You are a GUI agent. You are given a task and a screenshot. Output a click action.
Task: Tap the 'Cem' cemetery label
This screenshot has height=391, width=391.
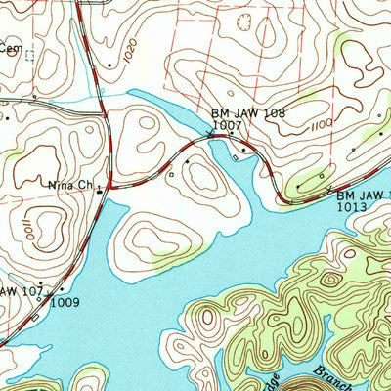pos(10,46)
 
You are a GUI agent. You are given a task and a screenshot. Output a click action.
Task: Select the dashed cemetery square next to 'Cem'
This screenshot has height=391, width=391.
pos(29,56)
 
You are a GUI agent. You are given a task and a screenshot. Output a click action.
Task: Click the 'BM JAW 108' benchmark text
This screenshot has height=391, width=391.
pos(248,113)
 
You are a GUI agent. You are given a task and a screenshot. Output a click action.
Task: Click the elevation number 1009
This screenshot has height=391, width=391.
pos(65,302)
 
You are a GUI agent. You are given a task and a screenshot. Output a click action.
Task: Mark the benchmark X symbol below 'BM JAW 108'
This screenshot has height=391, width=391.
pos(232,139)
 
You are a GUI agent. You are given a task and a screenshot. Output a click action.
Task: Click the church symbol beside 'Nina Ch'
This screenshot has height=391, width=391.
pos(99,191)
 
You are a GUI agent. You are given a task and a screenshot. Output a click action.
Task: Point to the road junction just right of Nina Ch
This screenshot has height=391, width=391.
pos(109,186)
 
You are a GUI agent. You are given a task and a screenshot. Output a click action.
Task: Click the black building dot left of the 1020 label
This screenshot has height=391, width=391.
pos(110,65)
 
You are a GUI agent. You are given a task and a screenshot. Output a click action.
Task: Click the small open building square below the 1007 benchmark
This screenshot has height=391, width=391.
pos(172,175)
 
